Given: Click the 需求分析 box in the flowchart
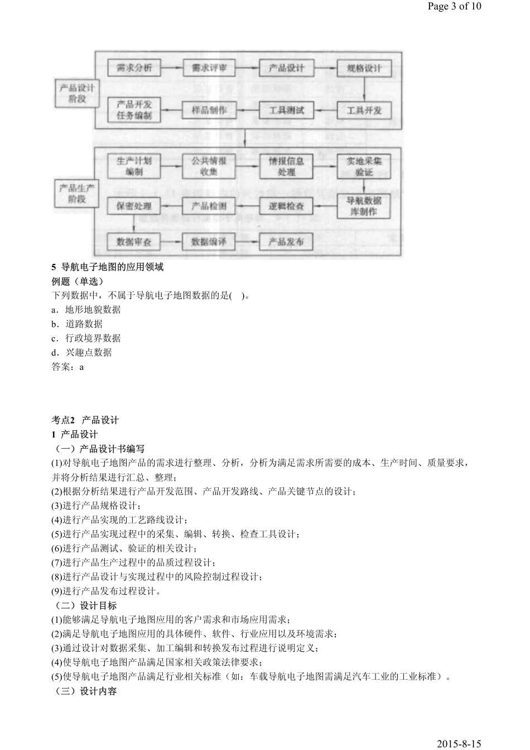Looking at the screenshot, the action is tap(134, 68).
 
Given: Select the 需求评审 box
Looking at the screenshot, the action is tap(209, 68).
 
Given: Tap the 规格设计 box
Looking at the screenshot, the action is tap(364, 68).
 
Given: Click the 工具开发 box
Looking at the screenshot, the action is tap(364, 110).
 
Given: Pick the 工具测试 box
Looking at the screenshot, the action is tap(287, 110).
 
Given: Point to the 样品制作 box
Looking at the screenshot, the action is tap(209, 110).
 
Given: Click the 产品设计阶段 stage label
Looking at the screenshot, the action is tap(77, 93).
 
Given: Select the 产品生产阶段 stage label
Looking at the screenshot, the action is tap(77, 193).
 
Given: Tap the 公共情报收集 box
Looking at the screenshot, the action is tap(209, 166).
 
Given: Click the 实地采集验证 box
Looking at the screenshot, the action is tap(364, 166).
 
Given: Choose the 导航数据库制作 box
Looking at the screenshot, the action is tap(364, 206).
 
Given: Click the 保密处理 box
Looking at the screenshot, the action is tap(134, 206).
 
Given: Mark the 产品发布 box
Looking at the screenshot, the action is tap(287, 242).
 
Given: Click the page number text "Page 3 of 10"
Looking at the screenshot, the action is tap(454, 7).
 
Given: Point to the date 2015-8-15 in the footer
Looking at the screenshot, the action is tap(459, 743).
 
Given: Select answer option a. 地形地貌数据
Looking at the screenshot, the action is tap(86, 310).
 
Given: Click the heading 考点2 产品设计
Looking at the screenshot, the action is tap(85, 420).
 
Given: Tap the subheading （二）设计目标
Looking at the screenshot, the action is tap(86, 605).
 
